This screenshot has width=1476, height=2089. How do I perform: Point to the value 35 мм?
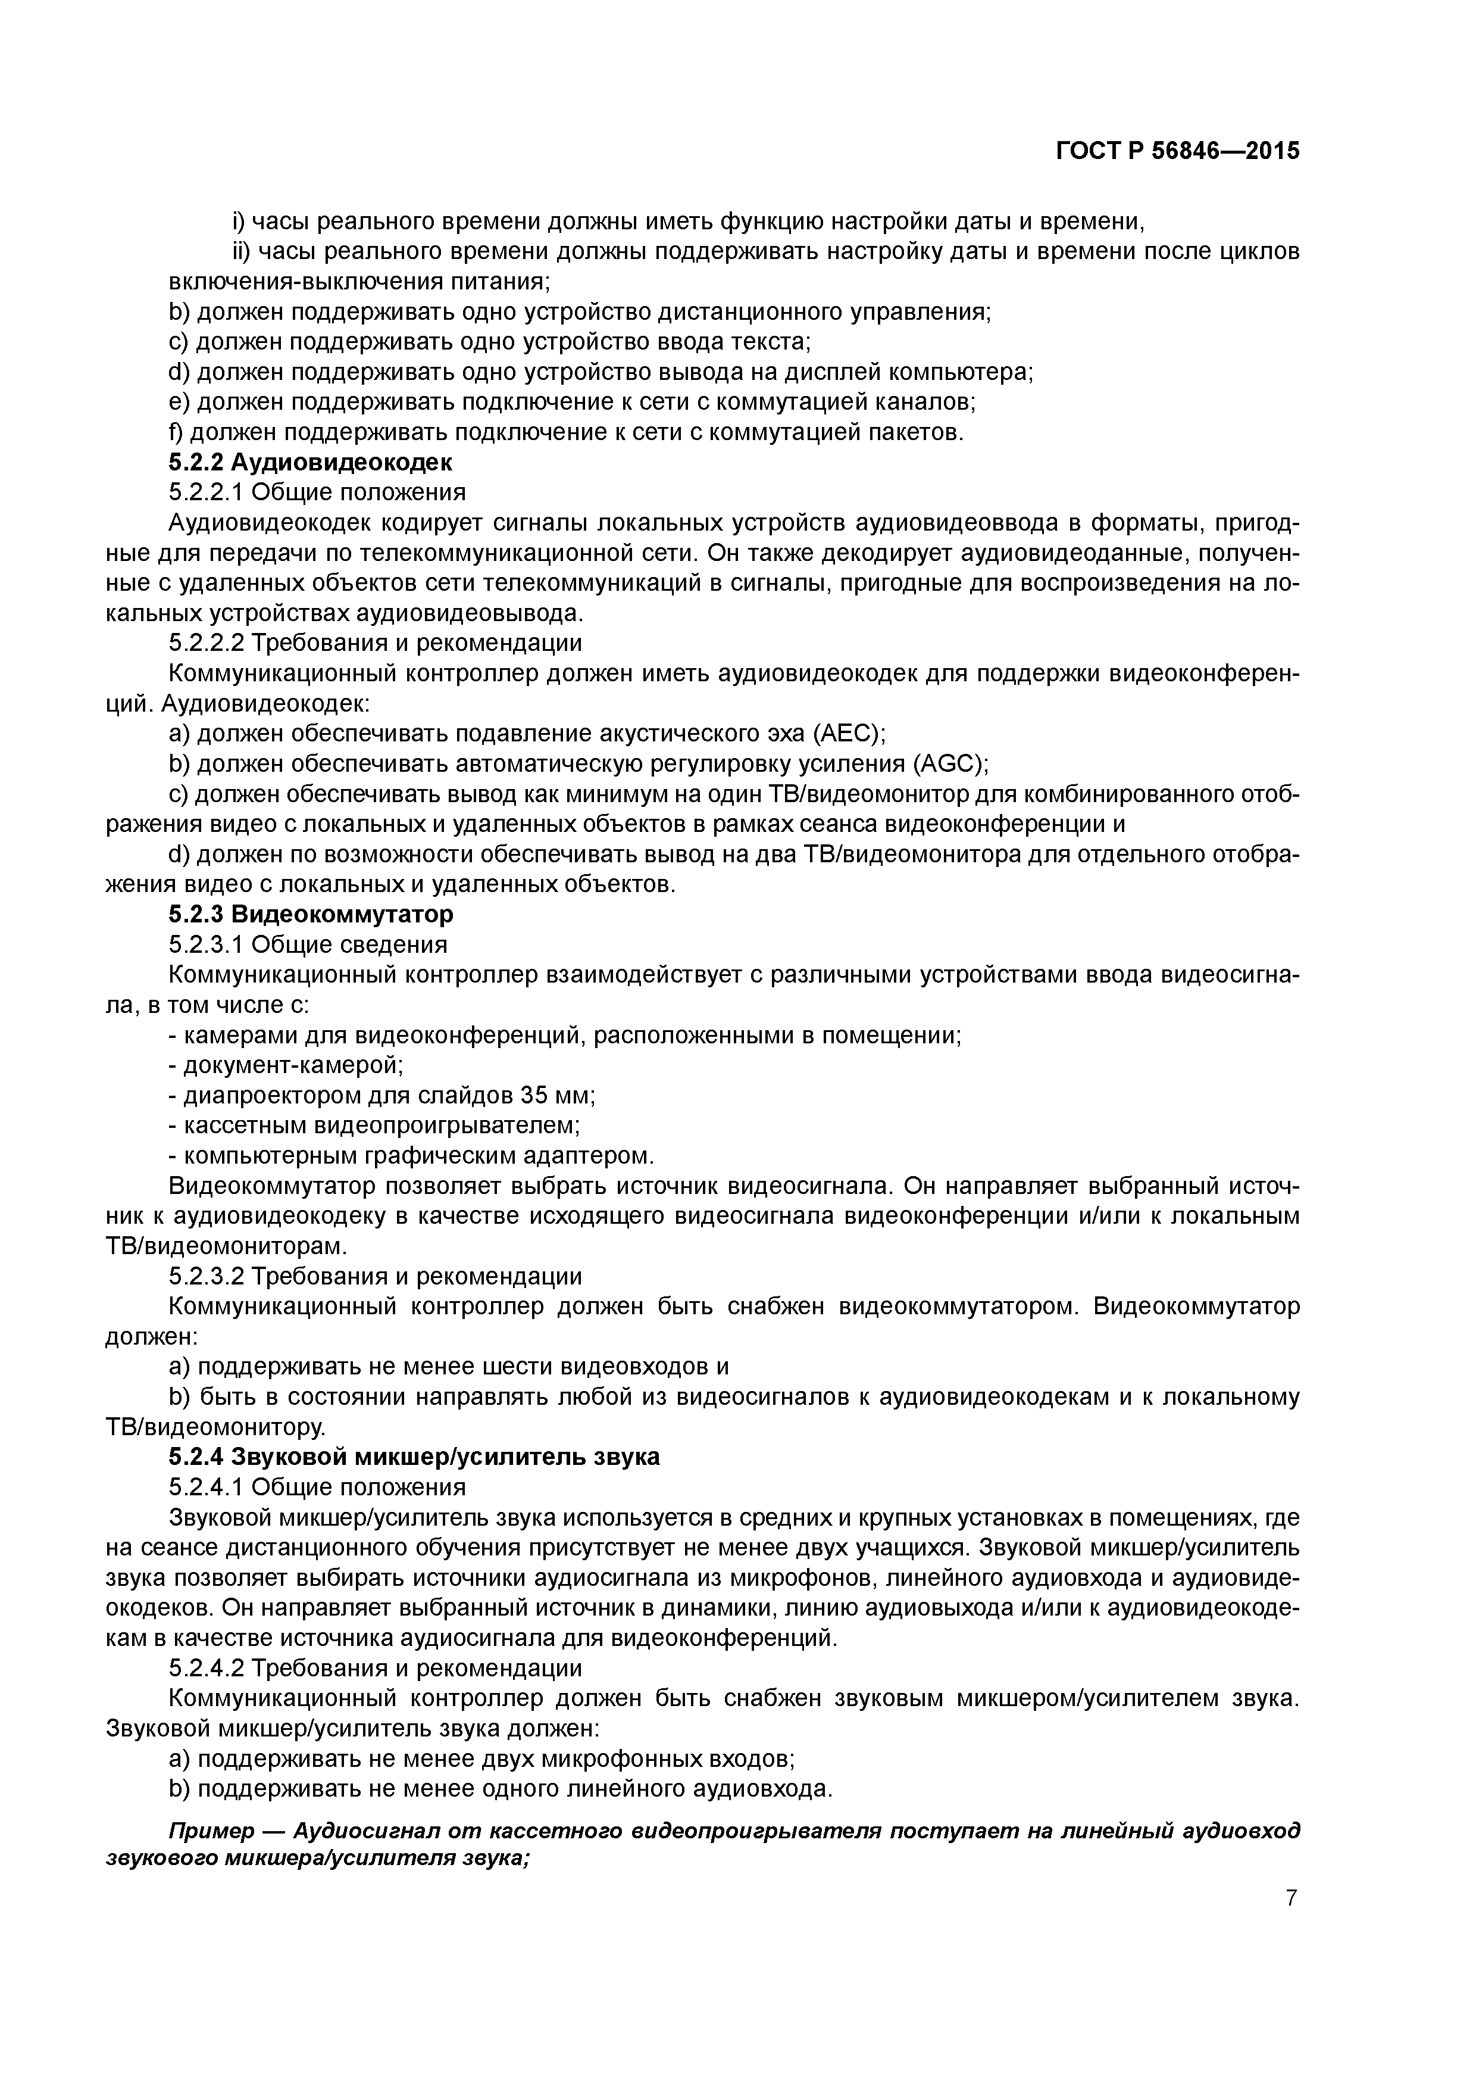coord(555,1095)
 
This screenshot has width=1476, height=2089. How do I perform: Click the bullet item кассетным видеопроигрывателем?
coord(382,1124)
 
